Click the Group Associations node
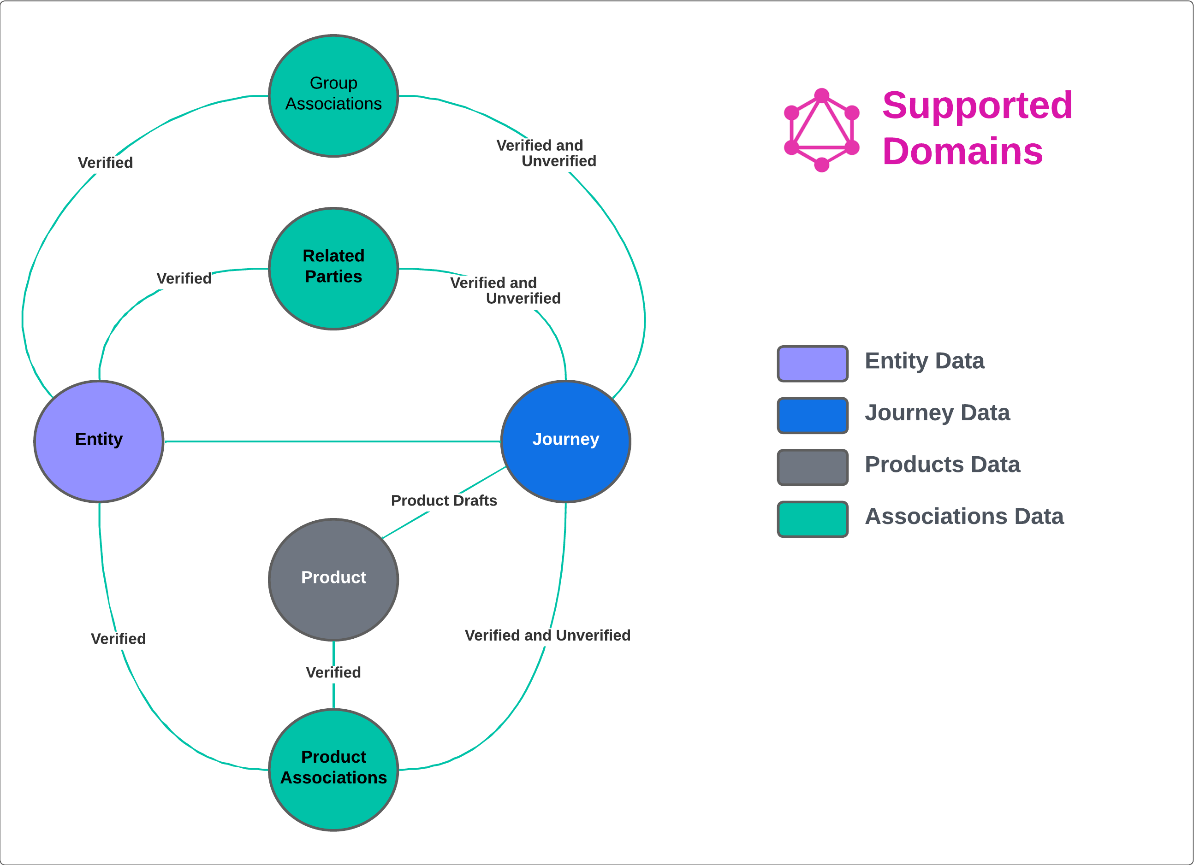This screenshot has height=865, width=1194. tap(333, 96)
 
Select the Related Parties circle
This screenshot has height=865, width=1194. tap(333, 268)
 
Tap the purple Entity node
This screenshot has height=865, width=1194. tap(99, 441)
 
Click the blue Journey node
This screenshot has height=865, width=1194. tap(565, 441)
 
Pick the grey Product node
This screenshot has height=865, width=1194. tap(333, 579)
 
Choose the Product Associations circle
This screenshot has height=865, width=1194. tap(333, 769)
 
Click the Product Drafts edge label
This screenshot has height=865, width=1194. tap(444, 500)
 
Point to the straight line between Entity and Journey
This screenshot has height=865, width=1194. tap(332, 441)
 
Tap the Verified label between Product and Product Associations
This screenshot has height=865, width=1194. tap(333, 672)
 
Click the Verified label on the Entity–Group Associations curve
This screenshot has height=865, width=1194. tap(105, 163)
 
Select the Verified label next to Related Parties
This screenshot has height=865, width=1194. tap(184, 278)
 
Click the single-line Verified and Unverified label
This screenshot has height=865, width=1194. tap(547, 635)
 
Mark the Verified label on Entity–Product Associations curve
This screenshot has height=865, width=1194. tap(119, 639)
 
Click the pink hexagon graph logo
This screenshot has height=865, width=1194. tap(821, 130)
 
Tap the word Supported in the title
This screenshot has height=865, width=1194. tap(977, 105)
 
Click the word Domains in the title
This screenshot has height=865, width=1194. tap(962, 152)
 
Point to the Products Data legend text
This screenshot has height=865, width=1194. tap(942, 465)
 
